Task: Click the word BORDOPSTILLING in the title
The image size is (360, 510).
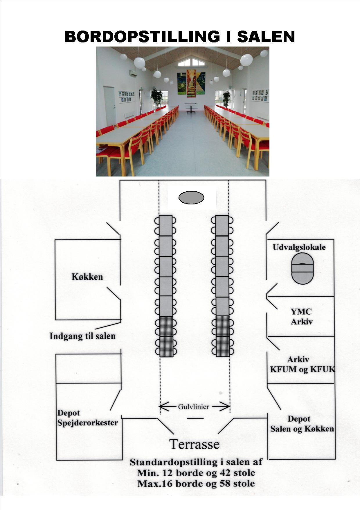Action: (x=142, y=37)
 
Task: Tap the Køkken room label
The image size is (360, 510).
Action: (x=87, y=277)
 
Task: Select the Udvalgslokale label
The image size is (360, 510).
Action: (x=299, y=247)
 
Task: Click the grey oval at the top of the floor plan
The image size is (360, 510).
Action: (x=191, y=198)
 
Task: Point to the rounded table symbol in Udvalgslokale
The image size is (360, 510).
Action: (x=303, y=268)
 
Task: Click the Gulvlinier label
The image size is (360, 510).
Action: (x=193, y=406)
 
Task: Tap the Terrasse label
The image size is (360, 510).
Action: (x=195, y=444)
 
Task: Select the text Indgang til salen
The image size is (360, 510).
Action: (x=82, y=336)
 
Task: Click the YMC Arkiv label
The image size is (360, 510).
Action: (x=301, y=317)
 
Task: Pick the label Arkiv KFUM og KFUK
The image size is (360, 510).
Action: (x=303, y=365)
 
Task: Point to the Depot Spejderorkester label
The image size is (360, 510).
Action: (x=87, y=418)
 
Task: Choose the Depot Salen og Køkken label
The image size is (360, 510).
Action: (x=302, y=424)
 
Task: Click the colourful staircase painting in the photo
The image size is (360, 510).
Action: (x=191, y=83)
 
